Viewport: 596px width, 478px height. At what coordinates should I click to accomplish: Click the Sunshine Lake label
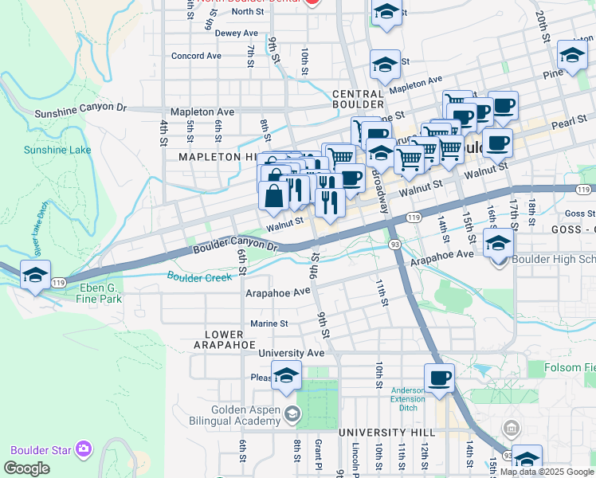click(x=46, y=150)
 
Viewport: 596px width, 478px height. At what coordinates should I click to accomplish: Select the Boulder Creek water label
click(x=199, y=276)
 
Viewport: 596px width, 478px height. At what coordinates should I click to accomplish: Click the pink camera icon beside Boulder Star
click(x=82, y=449)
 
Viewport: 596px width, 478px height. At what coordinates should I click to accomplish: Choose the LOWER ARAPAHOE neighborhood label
click(x=224, y=339)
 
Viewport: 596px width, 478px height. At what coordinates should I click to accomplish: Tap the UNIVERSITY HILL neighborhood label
click(x=377, y=432)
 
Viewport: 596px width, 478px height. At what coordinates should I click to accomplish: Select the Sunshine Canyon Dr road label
click(x=80, y=109)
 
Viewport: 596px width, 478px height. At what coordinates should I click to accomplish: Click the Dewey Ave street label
click(x=237, y=33)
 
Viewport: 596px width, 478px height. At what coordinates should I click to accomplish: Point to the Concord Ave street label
click(x=196, y=57)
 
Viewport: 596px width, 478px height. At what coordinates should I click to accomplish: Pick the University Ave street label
click(x=292, y=353)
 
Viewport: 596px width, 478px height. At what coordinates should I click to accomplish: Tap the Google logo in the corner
click(x=27, y=468)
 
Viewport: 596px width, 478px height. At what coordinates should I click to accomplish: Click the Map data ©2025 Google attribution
click(x=547, y=472)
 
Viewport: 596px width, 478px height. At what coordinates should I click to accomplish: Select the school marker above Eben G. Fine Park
click(x=35, y=275)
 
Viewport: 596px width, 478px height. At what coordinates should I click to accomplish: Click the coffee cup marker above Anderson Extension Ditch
click(x=438, y=378)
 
